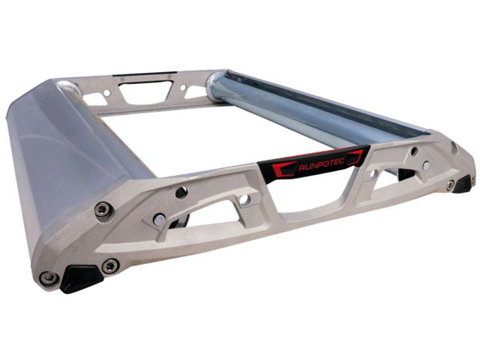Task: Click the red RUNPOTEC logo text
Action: click(322, 164)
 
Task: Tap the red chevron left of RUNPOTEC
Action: click(283, 169)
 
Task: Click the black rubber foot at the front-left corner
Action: click(80, 278)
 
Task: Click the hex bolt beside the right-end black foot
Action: click(450, 185)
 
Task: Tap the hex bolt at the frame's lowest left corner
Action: click(49, 277)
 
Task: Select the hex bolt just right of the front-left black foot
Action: click(110, 265)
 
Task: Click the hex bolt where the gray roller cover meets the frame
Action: click(103, 209)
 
